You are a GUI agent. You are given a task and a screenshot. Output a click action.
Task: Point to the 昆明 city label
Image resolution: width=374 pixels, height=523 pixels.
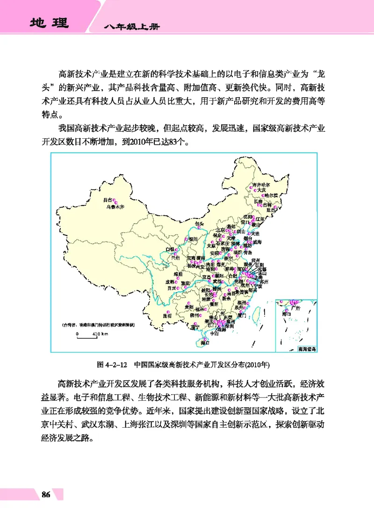(167, 316)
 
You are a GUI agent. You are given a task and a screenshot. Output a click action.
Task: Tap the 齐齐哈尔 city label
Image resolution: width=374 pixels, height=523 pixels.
(262, 184)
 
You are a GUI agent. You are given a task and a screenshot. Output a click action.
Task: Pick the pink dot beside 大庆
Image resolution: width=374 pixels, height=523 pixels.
(256, 191)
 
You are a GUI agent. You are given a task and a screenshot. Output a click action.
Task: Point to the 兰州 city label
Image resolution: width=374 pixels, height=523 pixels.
(176, 257)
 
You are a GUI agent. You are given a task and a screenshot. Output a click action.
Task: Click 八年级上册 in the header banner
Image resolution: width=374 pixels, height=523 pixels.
(132, 28)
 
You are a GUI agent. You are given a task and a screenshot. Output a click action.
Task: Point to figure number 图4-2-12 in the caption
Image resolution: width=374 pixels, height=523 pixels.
(112, 363)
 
